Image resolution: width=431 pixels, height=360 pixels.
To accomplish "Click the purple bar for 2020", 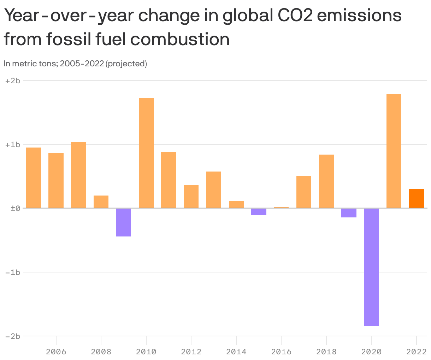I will [x=371, y=267].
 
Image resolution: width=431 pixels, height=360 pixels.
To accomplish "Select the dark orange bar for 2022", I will [x=416, y=199].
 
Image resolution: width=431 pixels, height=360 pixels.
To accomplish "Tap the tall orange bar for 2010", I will [x=146, y=153].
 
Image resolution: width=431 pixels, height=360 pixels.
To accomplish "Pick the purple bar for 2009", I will [x=124, y=222].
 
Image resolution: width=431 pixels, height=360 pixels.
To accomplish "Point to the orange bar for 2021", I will [x=394, y=151].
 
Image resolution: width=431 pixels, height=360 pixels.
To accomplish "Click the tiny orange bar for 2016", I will [x=281, y=207].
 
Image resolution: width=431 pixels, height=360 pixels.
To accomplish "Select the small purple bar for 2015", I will [x=259, y=212].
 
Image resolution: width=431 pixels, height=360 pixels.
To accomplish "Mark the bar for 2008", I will [x=101, y=202].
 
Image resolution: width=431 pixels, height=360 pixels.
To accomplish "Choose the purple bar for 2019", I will [x=349, y=213].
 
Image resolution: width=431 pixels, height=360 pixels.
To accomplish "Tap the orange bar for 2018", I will [x=326, y=181].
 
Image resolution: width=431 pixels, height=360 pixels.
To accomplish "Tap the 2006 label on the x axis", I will [x=56, y=352].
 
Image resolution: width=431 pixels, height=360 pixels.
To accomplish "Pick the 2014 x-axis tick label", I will [x=236, y=352].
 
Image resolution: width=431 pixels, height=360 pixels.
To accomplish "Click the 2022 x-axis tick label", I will [x=416, y=352].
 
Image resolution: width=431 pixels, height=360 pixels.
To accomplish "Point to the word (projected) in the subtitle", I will [x=126, y=64].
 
